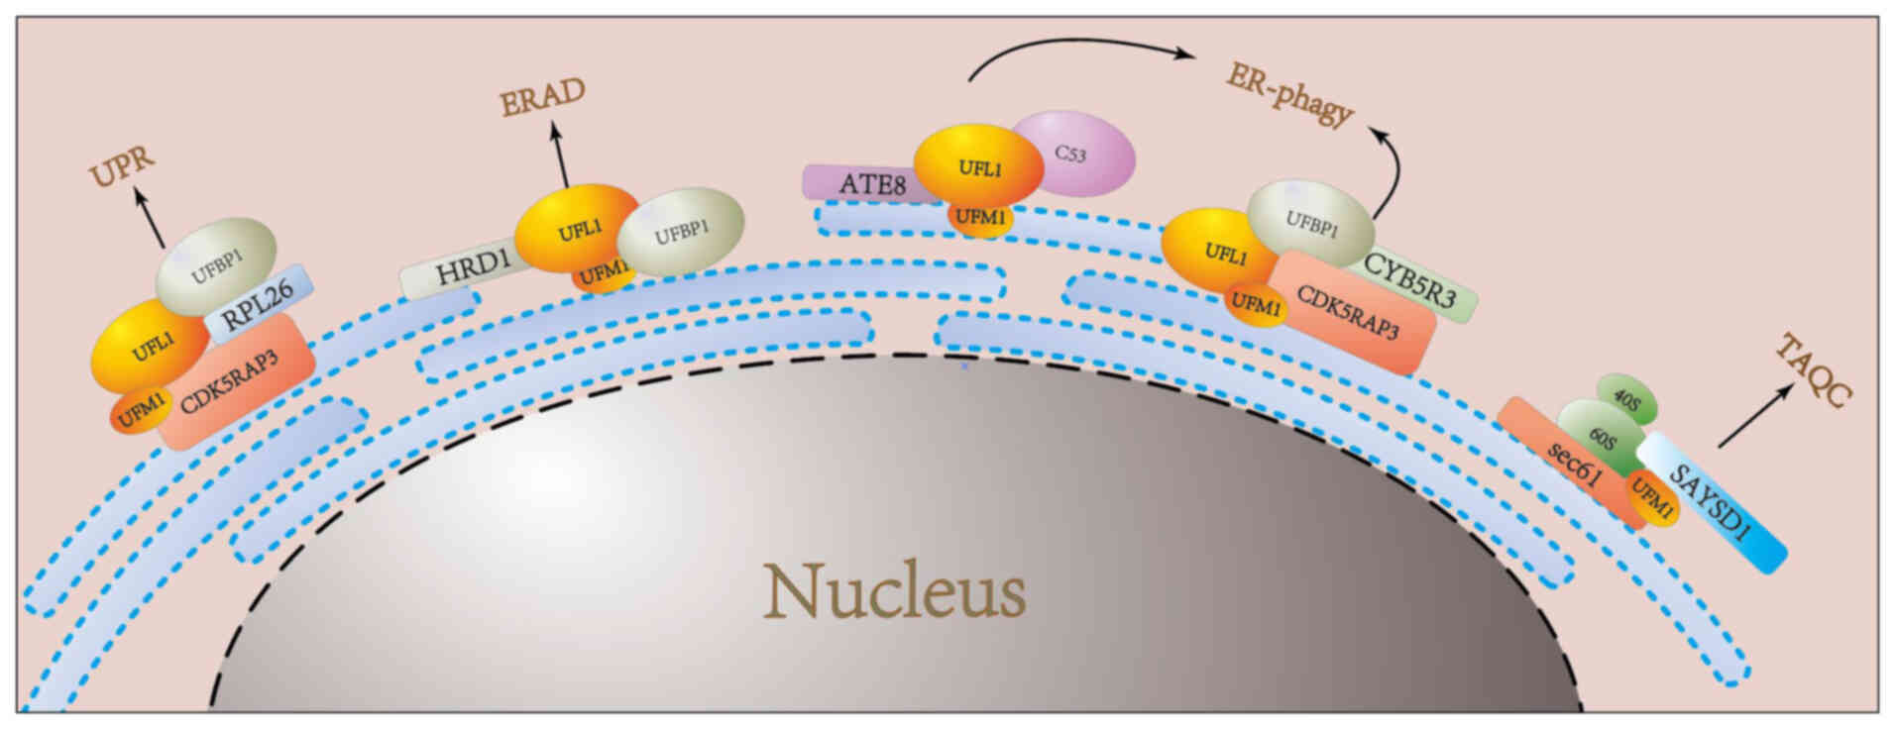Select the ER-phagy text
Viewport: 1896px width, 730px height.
point(1288,95)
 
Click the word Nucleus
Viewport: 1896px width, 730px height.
point(894,591)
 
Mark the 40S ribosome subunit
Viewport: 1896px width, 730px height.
point(1626,398)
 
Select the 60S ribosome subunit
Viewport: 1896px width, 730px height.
point(1604,437)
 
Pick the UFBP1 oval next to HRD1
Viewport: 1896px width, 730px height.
point(681,232)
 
